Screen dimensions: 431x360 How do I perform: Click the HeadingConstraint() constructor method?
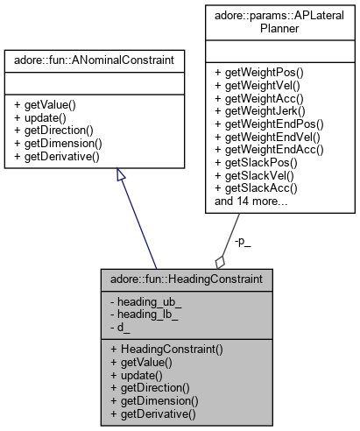[166, 349]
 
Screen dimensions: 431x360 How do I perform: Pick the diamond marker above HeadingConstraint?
[220, 260]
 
